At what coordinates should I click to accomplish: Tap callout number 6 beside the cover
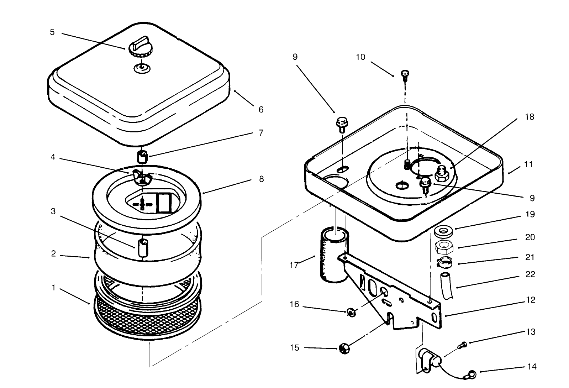coord(261,109)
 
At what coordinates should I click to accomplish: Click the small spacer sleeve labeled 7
coord(142,156)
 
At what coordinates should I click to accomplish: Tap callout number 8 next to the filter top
coord(261,179)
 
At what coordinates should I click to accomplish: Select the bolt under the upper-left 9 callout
coord(341,125)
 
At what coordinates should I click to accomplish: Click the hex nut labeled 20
coord(443,246)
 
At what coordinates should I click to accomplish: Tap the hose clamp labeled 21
coord(444,263)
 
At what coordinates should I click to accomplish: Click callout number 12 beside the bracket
coord(530,300)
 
